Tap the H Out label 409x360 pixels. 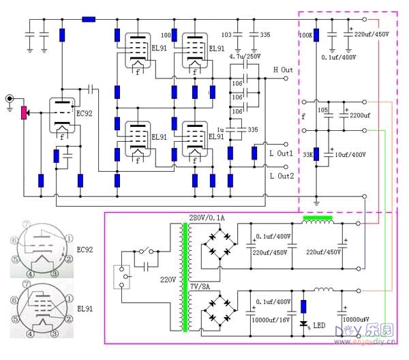coord(283,70)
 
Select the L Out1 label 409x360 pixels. coord(281,154)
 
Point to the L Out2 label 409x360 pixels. coord(281,176)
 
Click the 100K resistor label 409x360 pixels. coord(306,33)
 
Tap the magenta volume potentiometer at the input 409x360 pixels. coord(25,112)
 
